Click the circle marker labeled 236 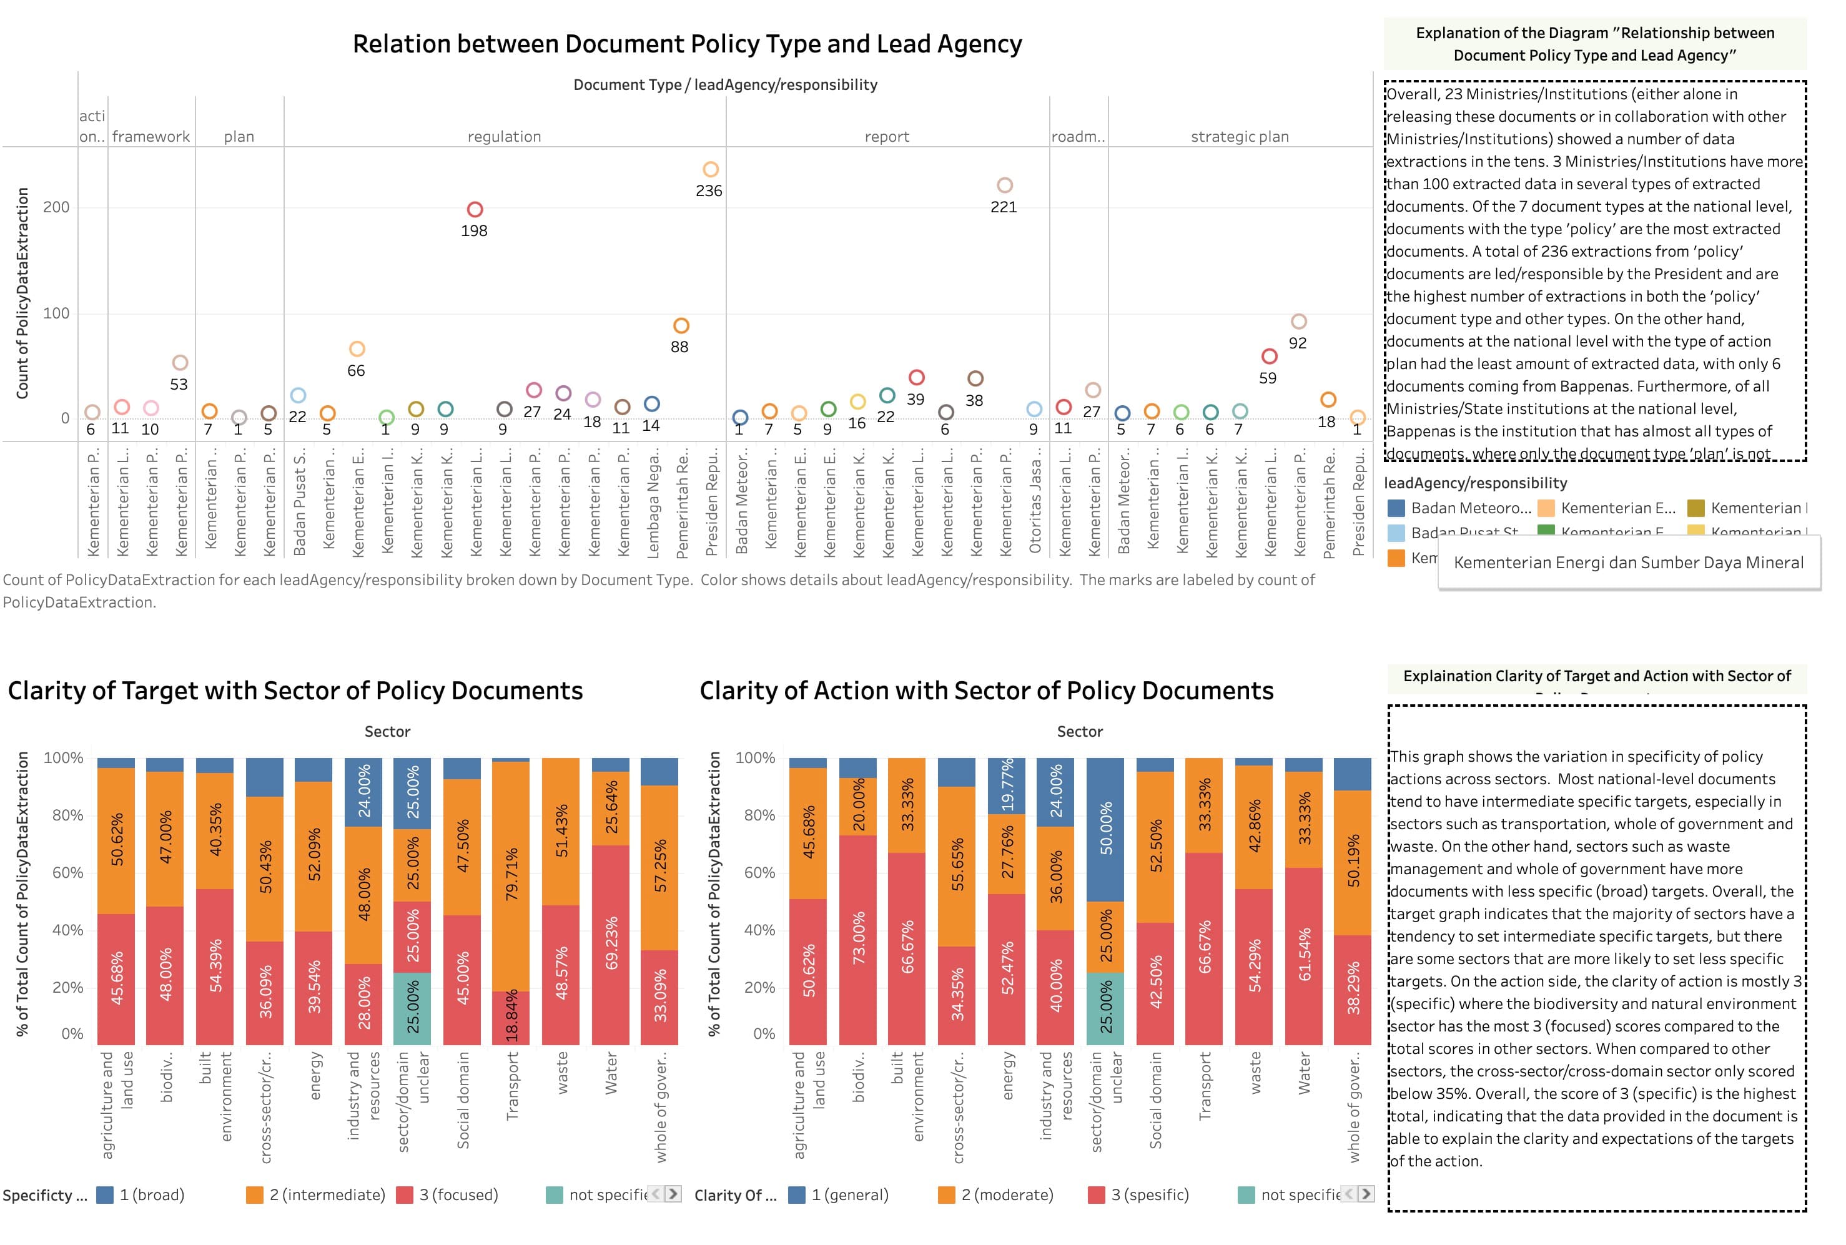(711, 169)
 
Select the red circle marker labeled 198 (475, 210)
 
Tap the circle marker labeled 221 (1004, 185)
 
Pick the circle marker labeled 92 (1298, 322)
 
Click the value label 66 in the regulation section (356, 371)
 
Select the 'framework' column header (151, 137)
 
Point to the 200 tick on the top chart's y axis (56, 207)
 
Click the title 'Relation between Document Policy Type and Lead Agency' (687, 44)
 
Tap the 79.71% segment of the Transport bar (511, 873)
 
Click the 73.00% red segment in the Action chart (858, 938)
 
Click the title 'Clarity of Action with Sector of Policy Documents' (986, 691)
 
